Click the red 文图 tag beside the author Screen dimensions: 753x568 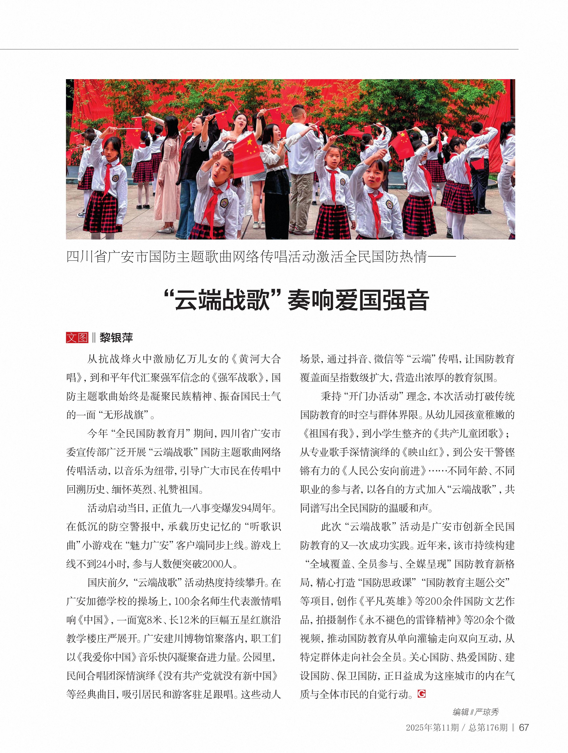[77, 337]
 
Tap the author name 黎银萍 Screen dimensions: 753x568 [116, 337]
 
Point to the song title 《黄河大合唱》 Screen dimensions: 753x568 [255, 359]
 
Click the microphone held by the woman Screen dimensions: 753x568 [287, 147]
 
